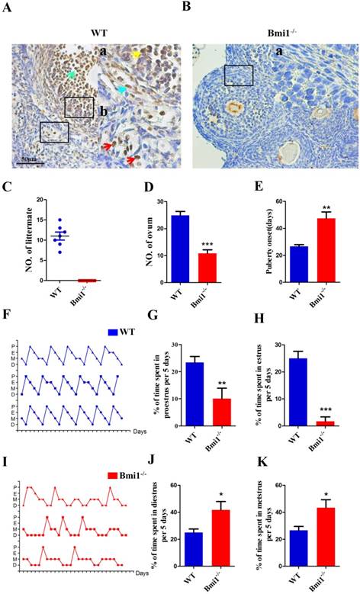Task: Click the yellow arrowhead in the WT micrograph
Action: coord(137,55)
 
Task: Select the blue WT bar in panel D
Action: coord(178,248)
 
